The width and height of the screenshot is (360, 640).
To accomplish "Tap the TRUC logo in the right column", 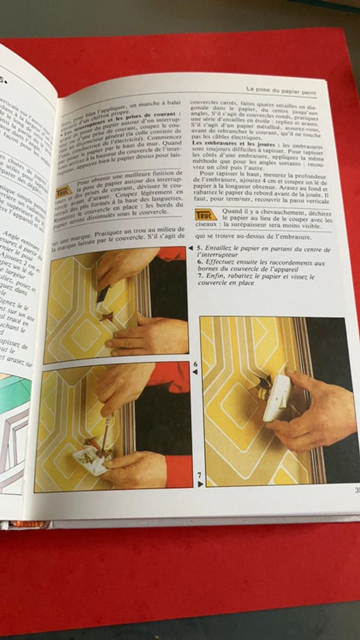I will click(206, 215).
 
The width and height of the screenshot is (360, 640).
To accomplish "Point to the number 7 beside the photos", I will click(200, 475).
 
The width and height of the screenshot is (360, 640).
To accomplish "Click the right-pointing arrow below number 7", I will click(200, 484).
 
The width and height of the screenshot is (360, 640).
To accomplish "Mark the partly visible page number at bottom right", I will click(356, 490).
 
